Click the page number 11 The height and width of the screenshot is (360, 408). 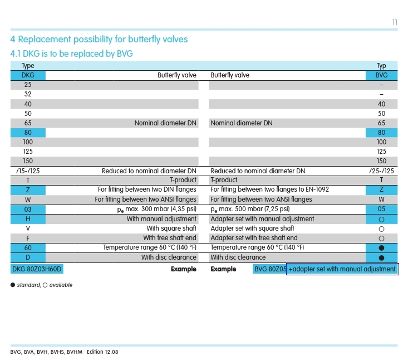click(394, 22)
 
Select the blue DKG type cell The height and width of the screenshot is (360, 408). click(28, 75)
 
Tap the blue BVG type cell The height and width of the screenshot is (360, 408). click(381, 75)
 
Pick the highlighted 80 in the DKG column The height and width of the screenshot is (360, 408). click(28, 133)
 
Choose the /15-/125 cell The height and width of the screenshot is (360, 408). click(28, 171)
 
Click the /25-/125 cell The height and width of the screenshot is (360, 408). click(381, 171)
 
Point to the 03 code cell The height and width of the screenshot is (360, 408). click(28, 209)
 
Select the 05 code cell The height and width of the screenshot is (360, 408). click(381, 209)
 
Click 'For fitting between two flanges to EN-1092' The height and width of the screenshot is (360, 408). click(269, 189)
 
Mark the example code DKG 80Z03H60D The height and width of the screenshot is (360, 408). click(37, 269)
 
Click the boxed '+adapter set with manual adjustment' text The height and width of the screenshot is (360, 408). click(342, 269)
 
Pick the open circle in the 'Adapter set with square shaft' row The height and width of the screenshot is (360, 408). click(381, 228)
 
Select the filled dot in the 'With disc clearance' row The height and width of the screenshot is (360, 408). click(381, 257)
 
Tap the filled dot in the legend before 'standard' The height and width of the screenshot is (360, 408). click(13, 285)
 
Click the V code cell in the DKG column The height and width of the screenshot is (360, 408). click(28, 228)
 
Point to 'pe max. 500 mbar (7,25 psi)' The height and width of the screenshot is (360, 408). click(250, 209)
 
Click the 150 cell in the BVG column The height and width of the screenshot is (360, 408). click(381, 161)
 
